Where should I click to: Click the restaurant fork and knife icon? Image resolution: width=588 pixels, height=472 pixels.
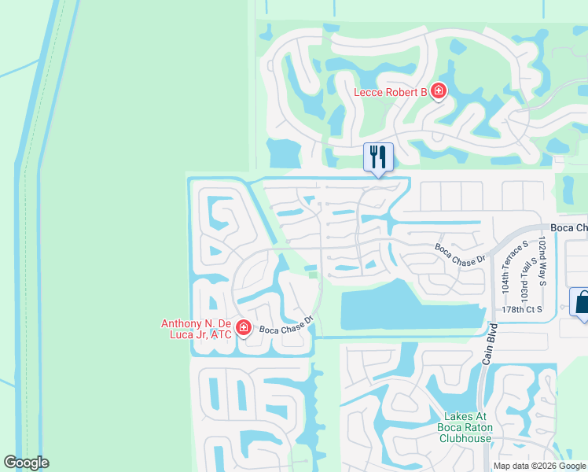[x=378, y=157]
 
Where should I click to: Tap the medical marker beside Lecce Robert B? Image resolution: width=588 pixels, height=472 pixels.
[x=438, y=92]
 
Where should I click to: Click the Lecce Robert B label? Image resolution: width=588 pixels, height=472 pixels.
[x=390, y=93]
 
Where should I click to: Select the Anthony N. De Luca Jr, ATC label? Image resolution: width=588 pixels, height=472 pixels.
[x=197, y=329]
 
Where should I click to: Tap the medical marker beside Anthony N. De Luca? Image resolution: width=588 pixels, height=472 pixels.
[x=244, y=327]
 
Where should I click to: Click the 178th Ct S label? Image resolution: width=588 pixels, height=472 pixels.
[x=523, y=310]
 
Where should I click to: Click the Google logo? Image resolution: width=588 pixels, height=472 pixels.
[x=26, y=463]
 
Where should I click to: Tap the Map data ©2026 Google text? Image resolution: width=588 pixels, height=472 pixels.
[x=539, y=466]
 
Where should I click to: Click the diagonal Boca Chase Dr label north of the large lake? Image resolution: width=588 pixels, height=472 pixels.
[x=461, y=253]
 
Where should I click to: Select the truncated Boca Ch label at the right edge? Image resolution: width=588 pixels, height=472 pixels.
[x=568, y=228]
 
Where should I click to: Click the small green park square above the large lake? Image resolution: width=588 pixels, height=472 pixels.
[x=314, y=275]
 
